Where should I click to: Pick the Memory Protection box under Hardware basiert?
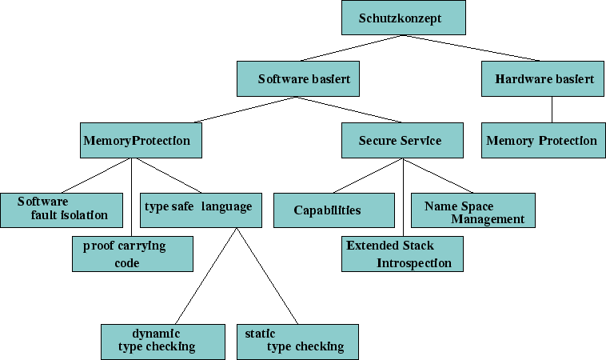541,141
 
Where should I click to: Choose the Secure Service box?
401,141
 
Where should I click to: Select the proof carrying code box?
132,254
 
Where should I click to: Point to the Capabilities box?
333,210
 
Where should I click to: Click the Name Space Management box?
472,210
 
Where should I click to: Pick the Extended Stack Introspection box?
402,254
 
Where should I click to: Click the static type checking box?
297,341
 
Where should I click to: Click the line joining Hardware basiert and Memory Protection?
552,110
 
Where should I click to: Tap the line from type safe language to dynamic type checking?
205,276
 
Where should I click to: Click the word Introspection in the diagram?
414,263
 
